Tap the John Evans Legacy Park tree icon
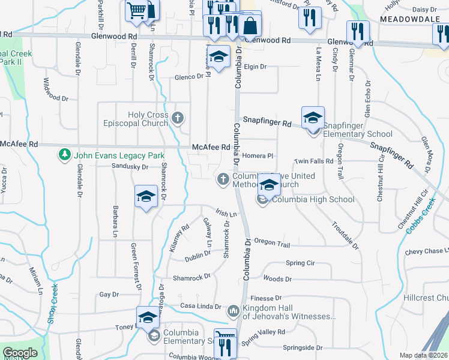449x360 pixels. tap(64, 155)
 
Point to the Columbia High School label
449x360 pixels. tap(313, 199)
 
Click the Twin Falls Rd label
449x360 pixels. tap(313, 162)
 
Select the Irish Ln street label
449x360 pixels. tap(227, 213)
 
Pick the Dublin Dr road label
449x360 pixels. tap(198, 254)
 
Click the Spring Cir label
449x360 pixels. tap(300, 263)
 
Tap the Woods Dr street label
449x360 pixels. tap(277, 279)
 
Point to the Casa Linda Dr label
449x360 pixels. tap(200, 306)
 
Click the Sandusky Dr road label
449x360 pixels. tap(130, 167)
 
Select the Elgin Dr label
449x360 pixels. tap(255, 67)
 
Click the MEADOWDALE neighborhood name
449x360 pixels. tap(405, 20)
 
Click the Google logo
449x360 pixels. tap(20, 353)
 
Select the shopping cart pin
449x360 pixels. tap(137, 10)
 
